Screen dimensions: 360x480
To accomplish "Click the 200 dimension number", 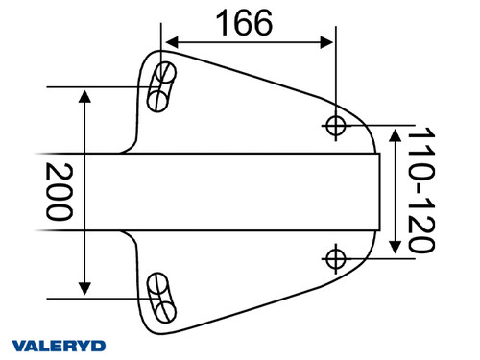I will (60, 192).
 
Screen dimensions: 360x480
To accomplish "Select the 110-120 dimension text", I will (417, 192).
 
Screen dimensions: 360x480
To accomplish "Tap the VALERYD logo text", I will (59, 345).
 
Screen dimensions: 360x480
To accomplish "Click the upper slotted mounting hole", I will (160, 85).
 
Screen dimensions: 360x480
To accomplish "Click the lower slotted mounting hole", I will (160, 298).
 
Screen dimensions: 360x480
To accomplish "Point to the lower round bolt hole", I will (336, 257).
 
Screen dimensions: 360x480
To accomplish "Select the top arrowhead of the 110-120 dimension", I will (392, 134).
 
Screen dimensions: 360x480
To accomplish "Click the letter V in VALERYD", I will (18, 345).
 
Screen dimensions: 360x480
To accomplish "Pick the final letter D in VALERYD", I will (99, 345).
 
